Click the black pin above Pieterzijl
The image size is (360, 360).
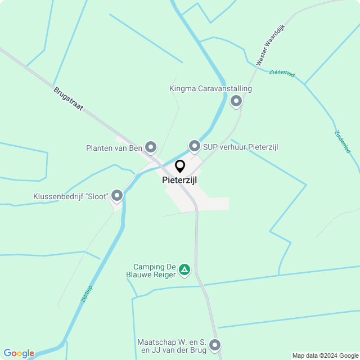(x=180, y=166)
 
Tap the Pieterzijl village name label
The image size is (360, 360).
(x=179, y=180)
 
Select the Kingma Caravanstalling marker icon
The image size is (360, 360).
(x=236, y=101)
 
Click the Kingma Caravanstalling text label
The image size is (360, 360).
(x=210, y=88)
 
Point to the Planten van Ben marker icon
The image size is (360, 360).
(x=151, y=147)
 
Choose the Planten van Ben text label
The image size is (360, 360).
(x=114, y=148)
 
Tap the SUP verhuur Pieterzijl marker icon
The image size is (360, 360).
(x=195, y=147)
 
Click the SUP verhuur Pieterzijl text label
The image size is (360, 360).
(x=241, y=147)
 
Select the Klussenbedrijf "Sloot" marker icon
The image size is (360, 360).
(x=117, y=196)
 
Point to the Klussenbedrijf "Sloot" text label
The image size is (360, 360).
(x=71, y=196)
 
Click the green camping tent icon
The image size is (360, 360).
(x=184, y=271)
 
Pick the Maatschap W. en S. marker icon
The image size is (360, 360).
(x=215, y=345)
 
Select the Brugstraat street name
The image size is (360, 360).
(x=69, y=98)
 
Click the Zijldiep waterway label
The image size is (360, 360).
(x=87, y=294)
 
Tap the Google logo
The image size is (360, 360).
(x=19, y=353)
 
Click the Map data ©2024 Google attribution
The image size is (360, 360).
(x=325, y=355)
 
